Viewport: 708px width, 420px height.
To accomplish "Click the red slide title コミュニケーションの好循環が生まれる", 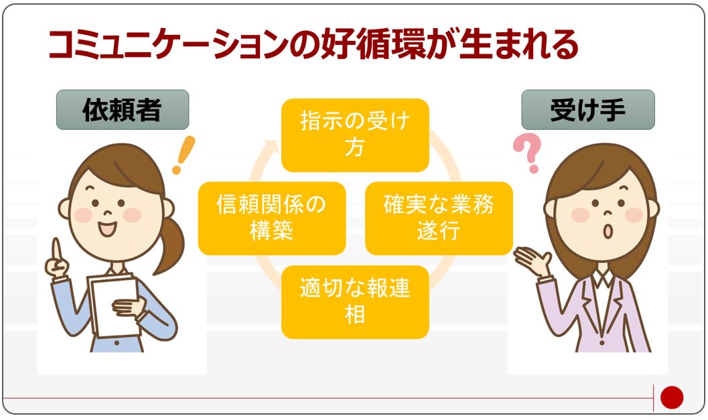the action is pos(313,44).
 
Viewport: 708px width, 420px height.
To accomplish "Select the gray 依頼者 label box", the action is pos(123,110).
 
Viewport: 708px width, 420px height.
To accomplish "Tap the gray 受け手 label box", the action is pos(588,110).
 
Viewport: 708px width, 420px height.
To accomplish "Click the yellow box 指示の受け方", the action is pos(355,135).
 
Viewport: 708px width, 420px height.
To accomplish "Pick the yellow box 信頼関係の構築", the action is pos(272,218).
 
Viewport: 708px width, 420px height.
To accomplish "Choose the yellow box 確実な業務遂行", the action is pos(439,218).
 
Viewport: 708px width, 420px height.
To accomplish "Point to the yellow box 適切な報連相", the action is pos(355,302).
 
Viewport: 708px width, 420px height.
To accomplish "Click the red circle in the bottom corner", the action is pos(672,397).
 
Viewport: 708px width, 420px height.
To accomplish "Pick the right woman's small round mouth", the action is pos(608,231).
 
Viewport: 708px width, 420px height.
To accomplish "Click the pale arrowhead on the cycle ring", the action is pos(270,146).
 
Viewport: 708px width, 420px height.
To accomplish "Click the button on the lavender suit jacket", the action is pos(601,343).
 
